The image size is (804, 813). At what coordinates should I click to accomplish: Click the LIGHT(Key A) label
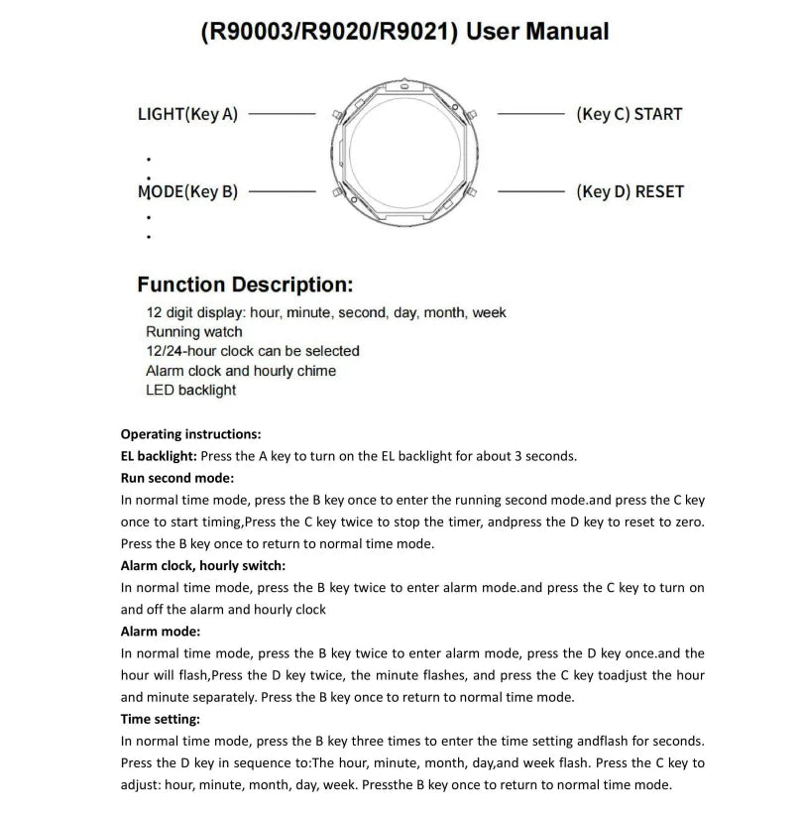click(187, 114)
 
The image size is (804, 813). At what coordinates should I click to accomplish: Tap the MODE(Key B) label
click(187, 191)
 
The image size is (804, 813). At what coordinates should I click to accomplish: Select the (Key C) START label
click(629, 114)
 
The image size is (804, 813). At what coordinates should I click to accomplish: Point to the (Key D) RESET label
click(630, 191)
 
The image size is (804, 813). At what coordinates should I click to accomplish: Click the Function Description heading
click(245, 286)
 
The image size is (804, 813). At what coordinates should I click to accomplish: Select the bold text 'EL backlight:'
click(159, 456)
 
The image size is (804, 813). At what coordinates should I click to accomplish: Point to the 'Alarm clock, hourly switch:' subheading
click(202, 566)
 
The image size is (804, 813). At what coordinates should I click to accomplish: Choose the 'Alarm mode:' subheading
click(160, 632)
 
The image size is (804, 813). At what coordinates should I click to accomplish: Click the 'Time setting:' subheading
click(160, 719)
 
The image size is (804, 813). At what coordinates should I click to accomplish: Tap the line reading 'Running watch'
click(194, 332)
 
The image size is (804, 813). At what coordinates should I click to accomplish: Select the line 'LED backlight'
click(191, 390)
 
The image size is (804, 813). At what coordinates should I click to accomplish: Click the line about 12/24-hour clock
click(253, 351)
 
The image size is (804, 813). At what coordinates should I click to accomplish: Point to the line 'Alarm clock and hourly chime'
click(241, 371)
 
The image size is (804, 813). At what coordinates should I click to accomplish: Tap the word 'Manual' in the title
click(566, 32)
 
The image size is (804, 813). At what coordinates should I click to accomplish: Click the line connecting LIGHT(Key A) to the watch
click(281, 114)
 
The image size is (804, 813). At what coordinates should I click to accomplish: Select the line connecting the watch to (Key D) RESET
click(530, 191)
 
